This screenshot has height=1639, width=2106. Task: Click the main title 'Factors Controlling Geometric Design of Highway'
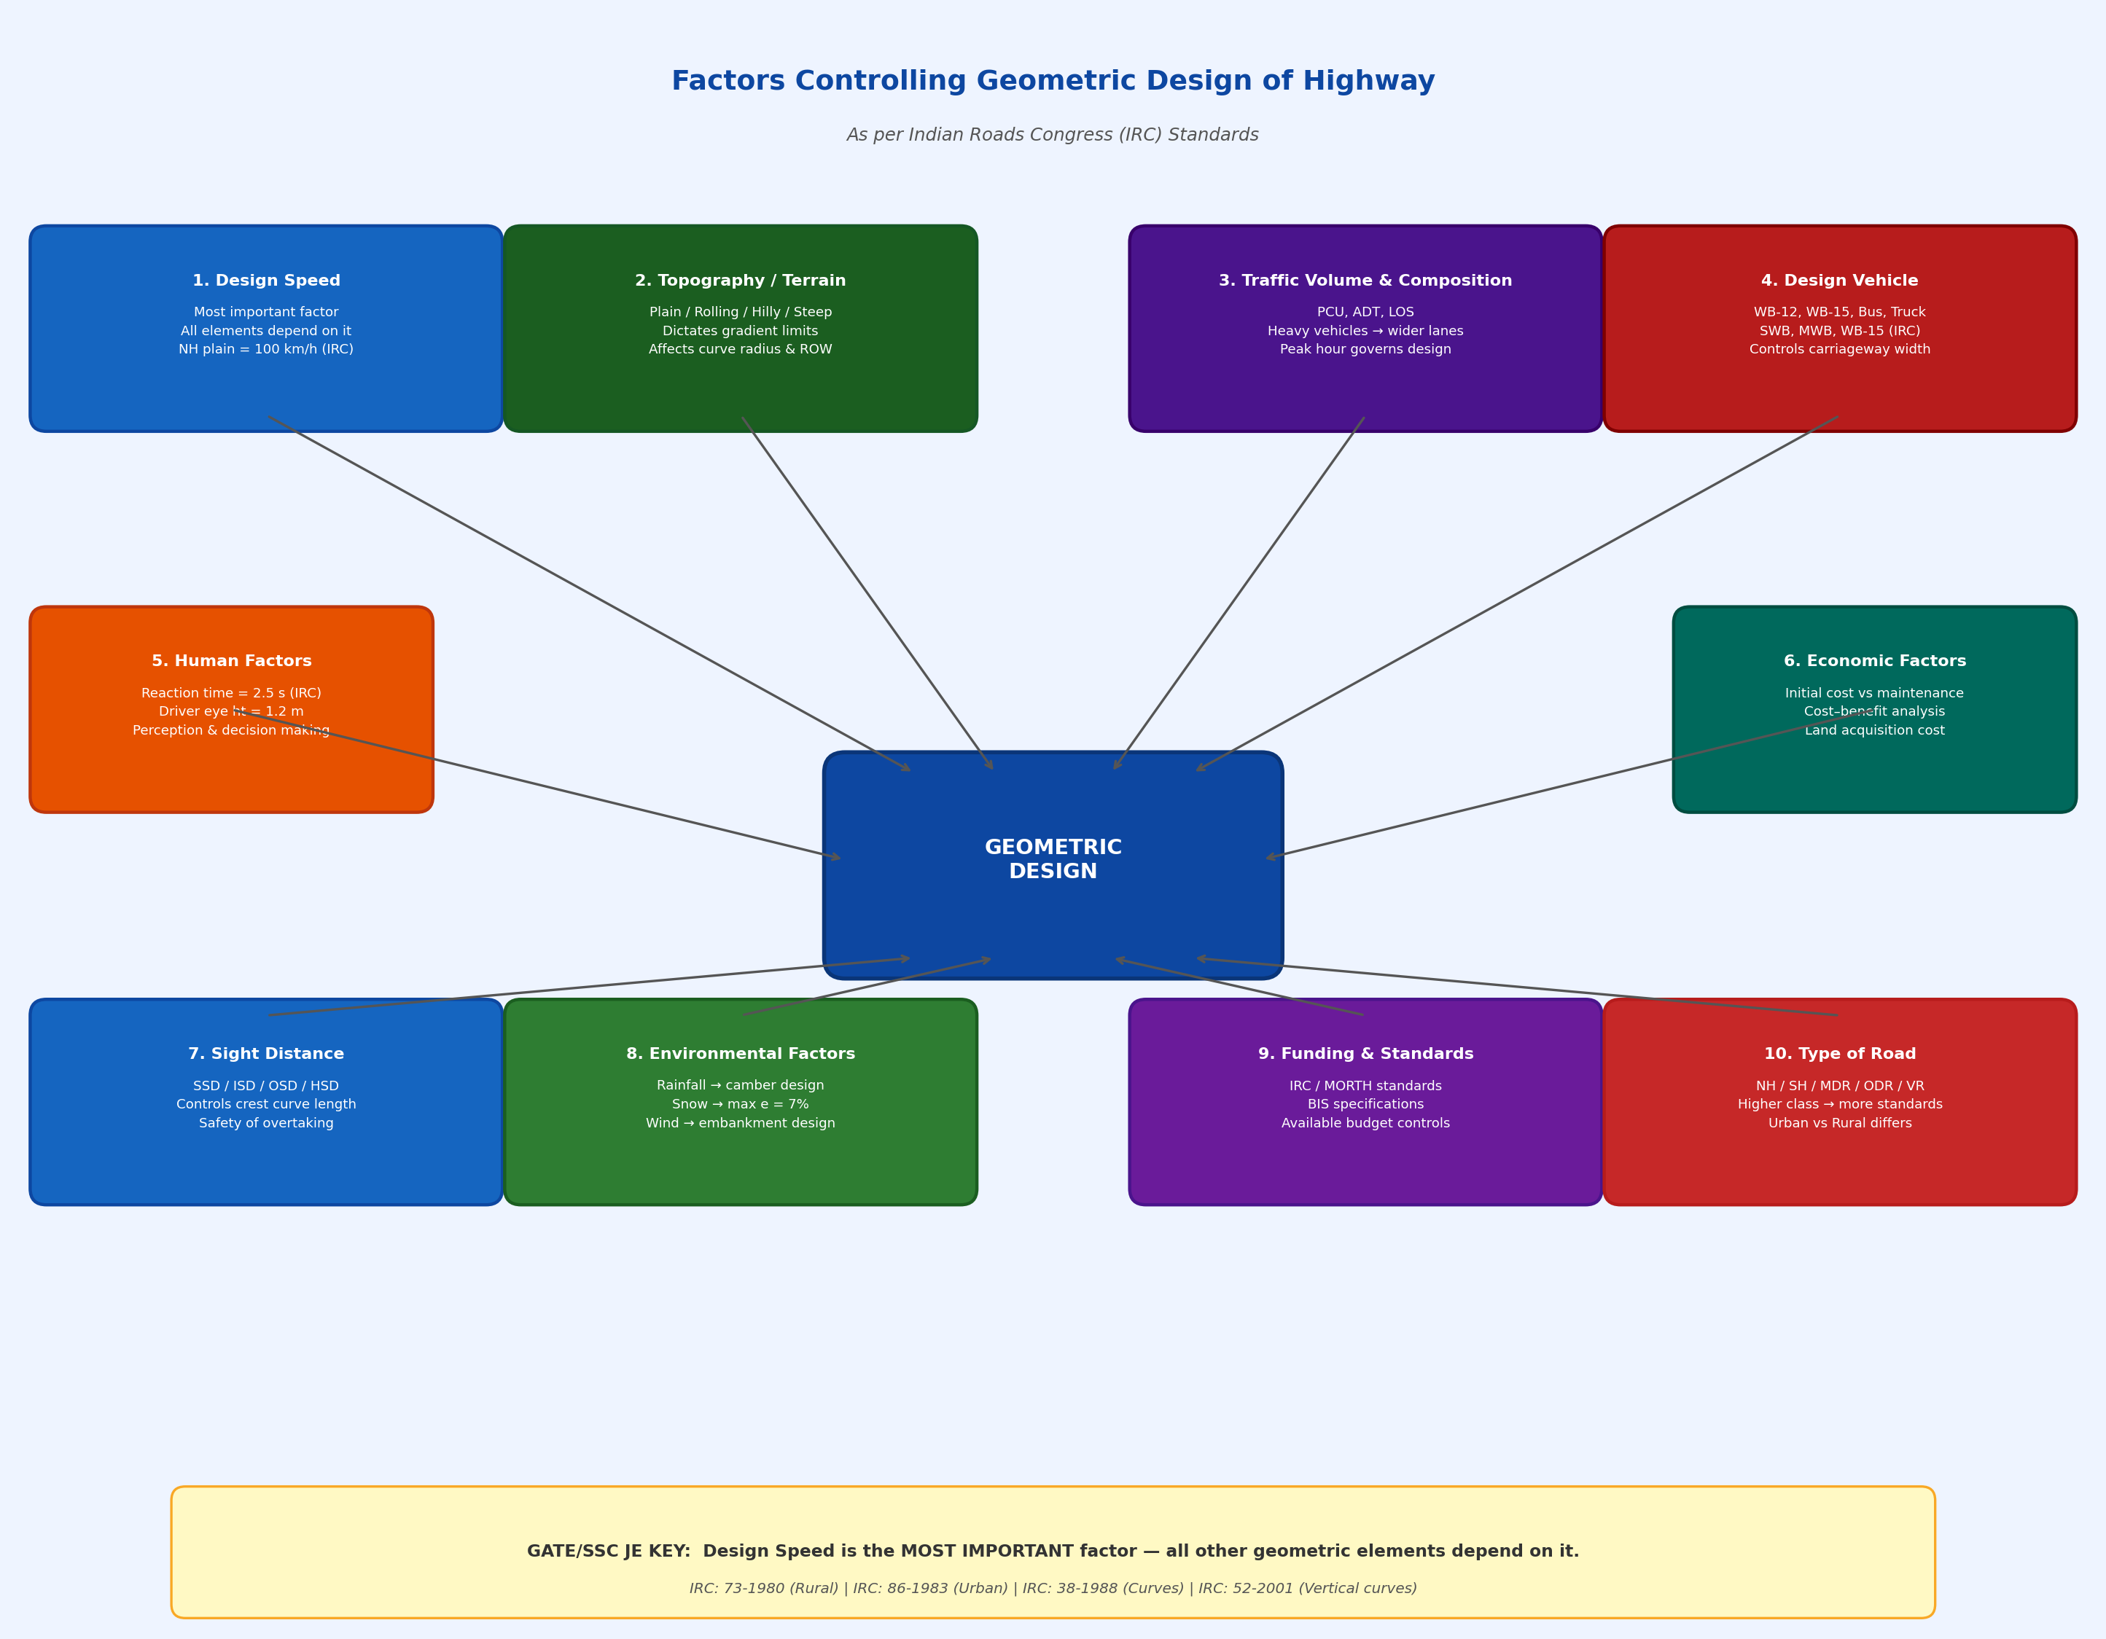click(1052, 81)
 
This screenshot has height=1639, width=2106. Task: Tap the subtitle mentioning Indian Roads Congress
click(1052, 135)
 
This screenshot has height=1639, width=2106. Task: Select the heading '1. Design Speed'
click(266, 281)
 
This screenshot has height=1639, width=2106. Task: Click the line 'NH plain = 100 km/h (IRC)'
click(266, 349)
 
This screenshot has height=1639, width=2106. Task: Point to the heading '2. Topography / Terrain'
click(740, 281)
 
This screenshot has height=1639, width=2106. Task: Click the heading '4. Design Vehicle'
click(1839, 281)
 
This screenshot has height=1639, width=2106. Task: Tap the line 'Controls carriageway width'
click(1839, 349)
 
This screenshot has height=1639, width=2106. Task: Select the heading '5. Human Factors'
click(231, 662)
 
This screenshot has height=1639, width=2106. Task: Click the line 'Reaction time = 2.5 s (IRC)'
click(231, 693)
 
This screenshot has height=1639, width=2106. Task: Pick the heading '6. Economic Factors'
click(1875, 662)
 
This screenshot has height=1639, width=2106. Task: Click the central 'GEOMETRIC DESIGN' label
click(1052, 859)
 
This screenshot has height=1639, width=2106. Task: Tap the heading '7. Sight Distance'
click(266, 1054)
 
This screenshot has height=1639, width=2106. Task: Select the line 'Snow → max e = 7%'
click(740, 1104)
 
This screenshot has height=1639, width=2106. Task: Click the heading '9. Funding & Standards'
click(1365, 1054)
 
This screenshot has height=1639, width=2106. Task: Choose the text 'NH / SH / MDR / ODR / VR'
click(1839, 1086)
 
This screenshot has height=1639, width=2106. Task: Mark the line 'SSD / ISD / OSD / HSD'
click(266, 1086)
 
